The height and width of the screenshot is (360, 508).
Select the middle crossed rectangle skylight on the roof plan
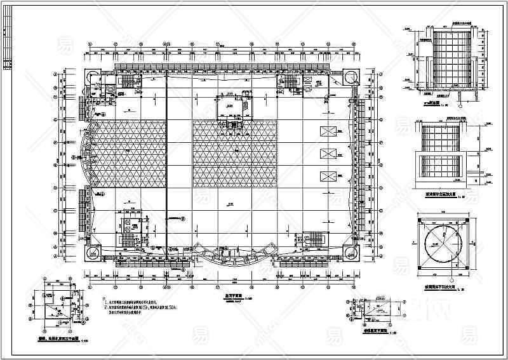coord(328,154)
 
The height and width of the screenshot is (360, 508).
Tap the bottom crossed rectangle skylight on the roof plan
coord(328,176)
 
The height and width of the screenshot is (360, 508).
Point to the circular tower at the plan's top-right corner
coord(351,76)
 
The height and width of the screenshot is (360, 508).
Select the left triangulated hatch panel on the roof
coord(127,152)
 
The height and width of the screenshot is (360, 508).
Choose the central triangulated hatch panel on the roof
coord(235,152)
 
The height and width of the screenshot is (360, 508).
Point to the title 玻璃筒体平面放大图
coord(441,284)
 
